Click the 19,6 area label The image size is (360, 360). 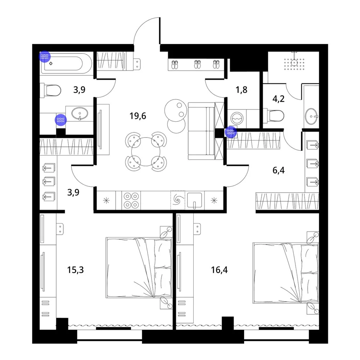click(x=138, y=116)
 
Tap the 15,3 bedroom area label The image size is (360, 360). click(x=75, y=270)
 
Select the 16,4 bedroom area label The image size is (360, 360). click(x=219, y=270)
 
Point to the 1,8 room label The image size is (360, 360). click(x=242, y=90)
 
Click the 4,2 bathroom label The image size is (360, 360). click(x=279, y=99)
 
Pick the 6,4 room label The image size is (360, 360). click(x=279, y=170)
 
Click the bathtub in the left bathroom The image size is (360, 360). click(x=66, y=63)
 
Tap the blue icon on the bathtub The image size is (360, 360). click(x=45, y=57)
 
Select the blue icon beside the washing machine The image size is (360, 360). click(x=231, y=132)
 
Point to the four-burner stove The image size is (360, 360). click(x=131, y=200)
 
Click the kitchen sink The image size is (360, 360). click(x=194, y=201)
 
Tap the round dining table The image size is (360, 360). click(x=145, y=152)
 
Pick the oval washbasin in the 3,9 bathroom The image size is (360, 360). click(x=80, y=113)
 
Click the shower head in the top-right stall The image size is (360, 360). click(x=294, y=62)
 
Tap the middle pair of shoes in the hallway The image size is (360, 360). click(x=197, y=64)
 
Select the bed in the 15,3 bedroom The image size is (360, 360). click(x=139, y=268)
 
